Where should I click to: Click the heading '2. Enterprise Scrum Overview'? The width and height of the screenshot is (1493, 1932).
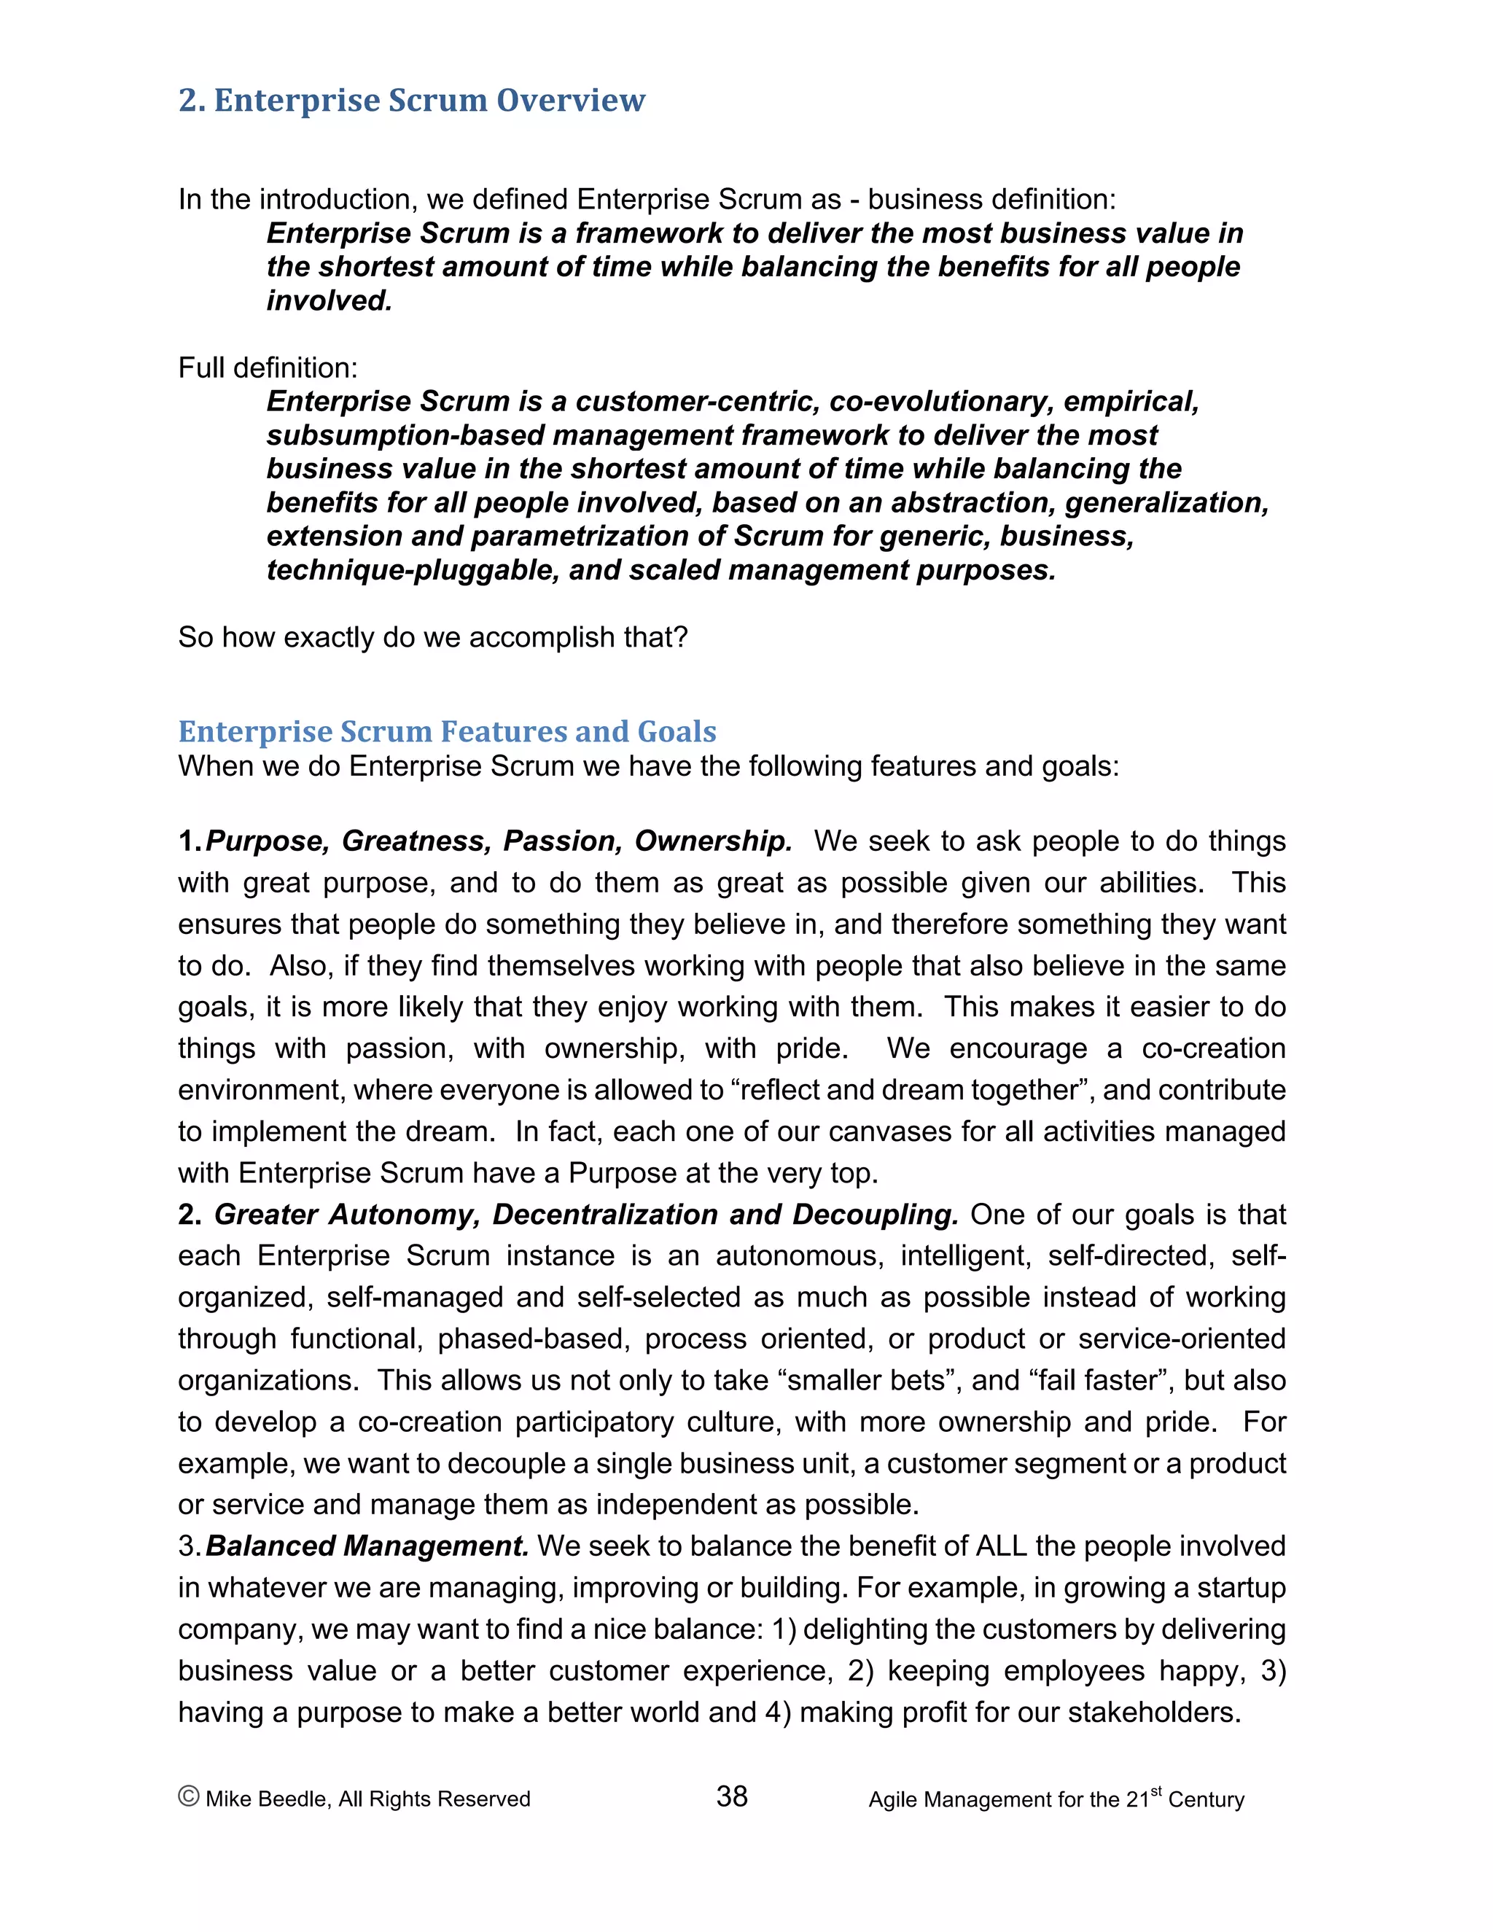411,100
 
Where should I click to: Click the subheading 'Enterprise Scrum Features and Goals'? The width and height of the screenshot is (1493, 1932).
447,731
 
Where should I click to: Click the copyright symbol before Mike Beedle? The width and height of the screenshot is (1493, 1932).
188,1796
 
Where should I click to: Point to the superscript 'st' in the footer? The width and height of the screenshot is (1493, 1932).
1155,1791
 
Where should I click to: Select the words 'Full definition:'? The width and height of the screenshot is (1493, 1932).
268,367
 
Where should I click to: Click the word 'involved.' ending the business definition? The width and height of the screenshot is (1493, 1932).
329,301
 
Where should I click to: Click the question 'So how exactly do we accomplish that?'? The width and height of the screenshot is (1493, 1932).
432,637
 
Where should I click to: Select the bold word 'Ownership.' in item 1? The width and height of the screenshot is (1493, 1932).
713,841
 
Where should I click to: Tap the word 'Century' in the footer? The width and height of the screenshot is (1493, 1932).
1206,1799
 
